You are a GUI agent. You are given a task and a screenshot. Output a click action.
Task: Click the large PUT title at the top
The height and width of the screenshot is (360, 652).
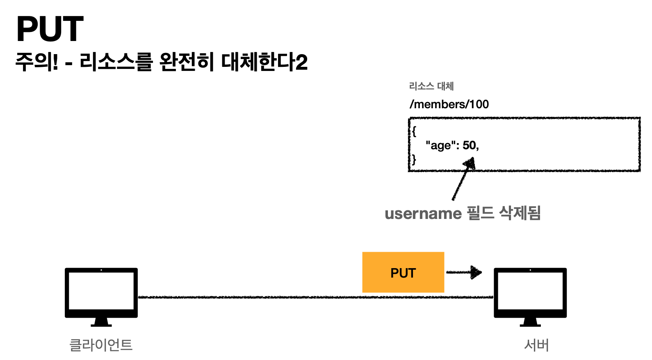pyautogui.click(x=50, y=29)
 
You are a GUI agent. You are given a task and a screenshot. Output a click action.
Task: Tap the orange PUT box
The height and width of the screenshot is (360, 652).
pyautogui.click(x=403, y=272)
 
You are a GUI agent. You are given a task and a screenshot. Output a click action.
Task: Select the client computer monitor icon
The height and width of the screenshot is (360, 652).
pyautogui.click(x=101, y=292)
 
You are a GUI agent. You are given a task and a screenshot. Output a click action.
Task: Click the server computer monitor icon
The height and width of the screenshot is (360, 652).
pyautogui.click(x=530, y=292)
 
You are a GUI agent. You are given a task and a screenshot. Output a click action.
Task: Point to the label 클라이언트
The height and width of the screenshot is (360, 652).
pyautogui.click(x=101, y=345)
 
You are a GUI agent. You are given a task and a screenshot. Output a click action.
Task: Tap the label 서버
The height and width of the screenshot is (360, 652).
pyautogui.click(x=536, y=345)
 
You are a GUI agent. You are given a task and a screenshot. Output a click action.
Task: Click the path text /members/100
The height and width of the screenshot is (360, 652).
pyautogui.click(x=449, y=104)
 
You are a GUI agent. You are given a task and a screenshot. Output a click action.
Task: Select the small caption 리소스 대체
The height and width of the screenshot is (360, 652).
pyautogui.click(x=431, y=86)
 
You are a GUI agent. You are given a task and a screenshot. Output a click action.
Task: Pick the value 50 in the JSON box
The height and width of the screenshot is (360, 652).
pyautogui.click(x=469, y=145)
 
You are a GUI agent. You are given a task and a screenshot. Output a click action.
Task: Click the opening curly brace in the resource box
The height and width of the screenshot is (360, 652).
pyautogui.click(x=414, y=131)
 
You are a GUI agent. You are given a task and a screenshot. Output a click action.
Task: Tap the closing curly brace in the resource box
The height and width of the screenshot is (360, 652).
pyautogui.click(x=414, y=159)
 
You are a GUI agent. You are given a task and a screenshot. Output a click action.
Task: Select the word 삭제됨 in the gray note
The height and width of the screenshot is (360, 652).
pyautogui.click(x=520, y=213)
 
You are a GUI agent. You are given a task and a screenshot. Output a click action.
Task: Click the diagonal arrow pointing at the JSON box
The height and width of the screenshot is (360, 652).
pyautogui.click(x=462, y=180)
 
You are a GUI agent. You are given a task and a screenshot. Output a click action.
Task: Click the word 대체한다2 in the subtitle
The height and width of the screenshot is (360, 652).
pyautogui.click(x=264, y=62)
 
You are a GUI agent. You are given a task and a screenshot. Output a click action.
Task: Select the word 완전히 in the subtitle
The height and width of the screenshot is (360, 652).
pyautogui.click(x=187, y=62)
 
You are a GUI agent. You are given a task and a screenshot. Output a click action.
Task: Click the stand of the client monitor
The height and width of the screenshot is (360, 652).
pyautogui.click(x=101, y=322)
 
